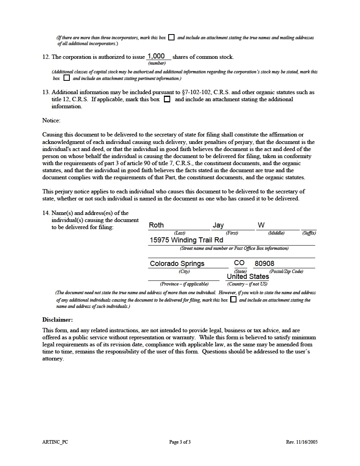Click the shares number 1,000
click(x=156, y=56)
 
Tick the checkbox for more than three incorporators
click(x=171, y=37)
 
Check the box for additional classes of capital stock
click(x=67, y=78)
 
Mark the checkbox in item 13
click(x=167, y=99)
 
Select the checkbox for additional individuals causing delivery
click(x=233, y=300)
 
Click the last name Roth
click(x=156, y=225)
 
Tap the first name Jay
click(x=218, y=225)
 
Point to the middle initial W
click(x=261, y=225)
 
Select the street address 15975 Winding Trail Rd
click(x=186, y=240)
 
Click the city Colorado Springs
click(x=177, y=264)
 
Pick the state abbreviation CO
click(x=239, y=263)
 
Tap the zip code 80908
click(x=265, y=264)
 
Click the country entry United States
click(x=248, y=277)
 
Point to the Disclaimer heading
click(x=58, y=320)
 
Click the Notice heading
click(x=51, y=120)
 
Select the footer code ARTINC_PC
click(x=52, y=442)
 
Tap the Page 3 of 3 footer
click(x=180, y=442)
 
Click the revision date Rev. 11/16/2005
click(x=302, y=442)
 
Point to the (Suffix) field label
click(x=309, y=233)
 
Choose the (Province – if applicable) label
click(x=184, y=284)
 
